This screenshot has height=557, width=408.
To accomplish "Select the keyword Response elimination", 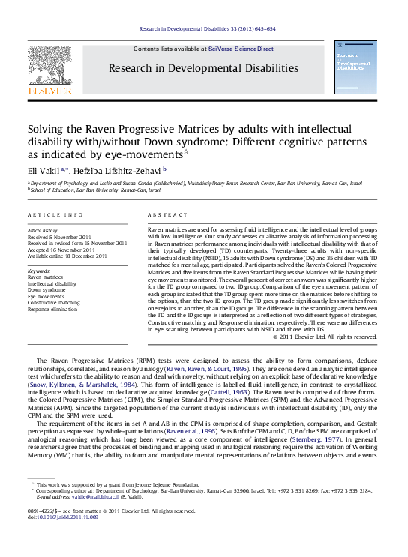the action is (x=52, y=308).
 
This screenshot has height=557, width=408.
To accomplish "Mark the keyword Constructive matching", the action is (x=53, y=302).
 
